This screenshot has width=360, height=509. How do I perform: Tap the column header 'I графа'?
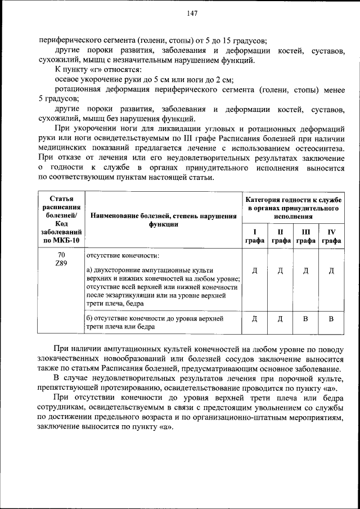click(x=254, y=236)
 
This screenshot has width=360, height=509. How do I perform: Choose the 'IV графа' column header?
click(x=331, y=236)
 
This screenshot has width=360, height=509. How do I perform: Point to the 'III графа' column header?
click(x=305, y=236)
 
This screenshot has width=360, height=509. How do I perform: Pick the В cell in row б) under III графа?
click(x=305, y=319)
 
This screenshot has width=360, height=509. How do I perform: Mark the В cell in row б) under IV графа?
click(x=331, y=319)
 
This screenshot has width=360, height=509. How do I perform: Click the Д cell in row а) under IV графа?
click(x=331, y=271)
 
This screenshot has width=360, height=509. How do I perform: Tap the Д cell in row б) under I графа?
click(x=254, y=319)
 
